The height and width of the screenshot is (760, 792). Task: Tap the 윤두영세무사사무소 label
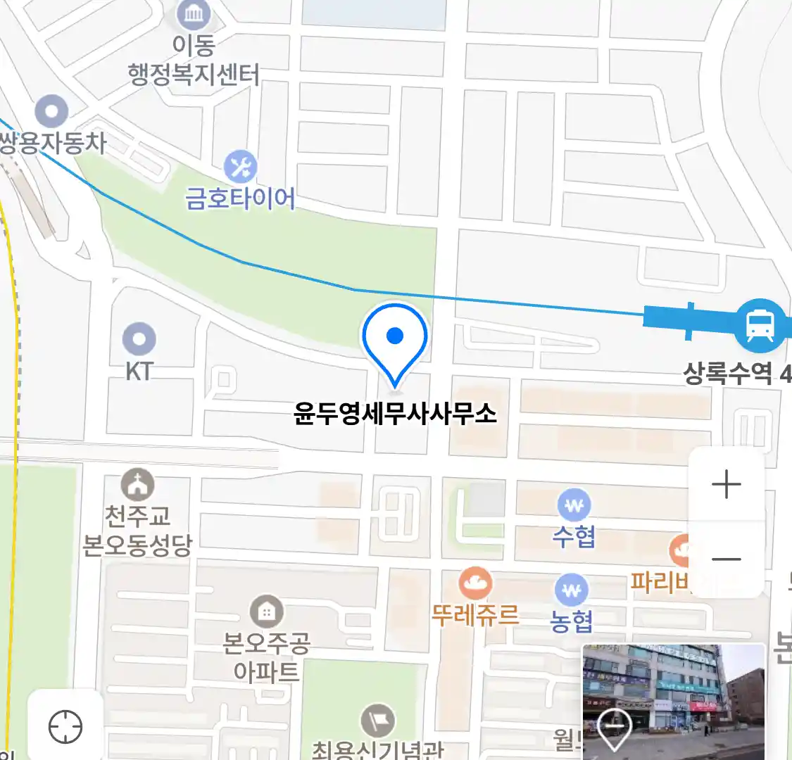395,413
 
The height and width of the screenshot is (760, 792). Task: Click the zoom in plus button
727,485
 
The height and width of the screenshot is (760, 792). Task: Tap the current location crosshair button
65,726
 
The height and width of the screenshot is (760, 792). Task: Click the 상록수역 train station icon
760,325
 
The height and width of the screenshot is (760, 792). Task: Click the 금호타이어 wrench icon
241,167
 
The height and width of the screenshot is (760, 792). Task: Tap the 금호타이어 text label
240,198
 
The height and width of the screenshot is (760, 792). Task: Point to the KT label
139,371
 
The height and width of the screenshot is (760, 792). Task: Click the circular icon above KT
139,339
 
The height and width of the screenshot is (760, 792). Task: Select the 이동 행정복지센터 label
194,61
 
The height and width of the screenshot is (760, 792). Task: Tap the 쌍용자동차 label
53,144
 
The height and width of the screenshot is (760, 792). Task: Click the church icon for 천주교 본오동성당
137,485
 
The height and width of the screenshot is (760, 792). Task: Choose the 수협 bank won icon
574,505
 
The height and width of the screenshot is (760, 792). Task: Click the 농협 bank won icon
571,590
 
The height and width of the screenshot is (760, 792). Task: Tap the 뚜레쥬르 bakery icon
476,583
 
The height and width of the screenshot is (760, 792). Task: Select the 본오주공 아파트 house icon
266,612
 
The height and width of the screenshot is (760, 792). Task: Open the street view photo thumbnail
673,700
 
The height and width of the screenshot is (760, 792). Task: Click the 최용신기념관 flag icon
378,721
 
